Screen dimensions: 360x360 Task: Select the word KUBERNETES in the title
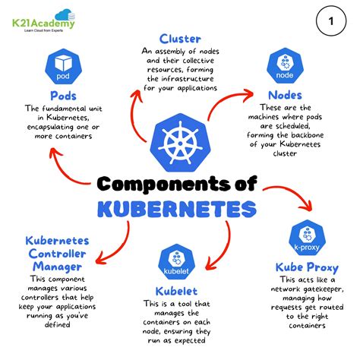[179, 207]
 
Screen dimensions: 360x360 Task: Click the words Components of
[180, 184]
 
